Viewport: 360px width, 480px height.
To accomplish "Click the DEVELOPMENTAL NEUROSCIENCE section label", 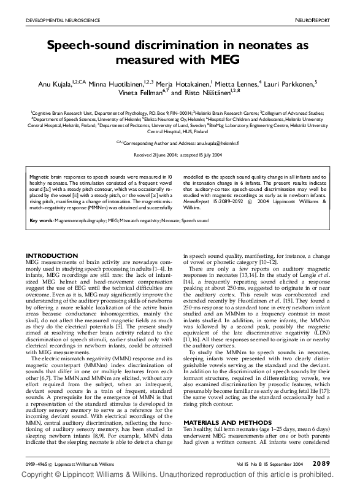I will point(63,21).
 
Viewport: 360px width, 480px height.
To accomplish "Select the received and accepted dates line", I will point(178,155).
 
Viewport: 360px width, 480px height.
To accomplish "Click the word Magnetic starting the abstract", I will point(40,176).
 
